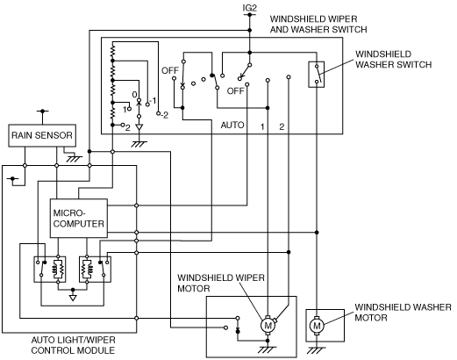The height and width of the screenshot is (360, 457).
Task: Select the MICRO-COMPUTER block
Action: [79, 219]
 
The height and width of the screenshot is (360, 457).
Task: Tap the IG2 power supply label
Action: [249, 8]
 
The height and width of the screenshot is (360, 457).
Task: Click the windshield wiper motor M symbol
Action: [268, 325]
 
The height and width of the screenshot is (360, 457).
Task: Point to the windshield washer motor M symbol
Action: [317, 326]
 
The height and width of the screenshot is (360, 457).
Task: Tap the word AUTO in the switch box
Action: [232, 126]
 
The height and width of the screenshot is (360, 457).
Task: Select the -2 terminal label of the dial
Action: [164, 115]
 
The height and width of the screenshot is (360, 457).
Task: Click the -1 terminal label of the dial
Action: [153, 102]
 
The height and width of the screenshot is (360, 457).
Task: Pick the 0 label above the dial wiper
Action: [134, 95]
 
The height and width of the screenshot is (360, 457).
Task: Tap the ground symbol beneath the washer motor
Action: [317, 350]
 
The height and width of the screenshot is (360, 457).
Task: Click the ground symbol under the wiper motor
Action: [268, 350]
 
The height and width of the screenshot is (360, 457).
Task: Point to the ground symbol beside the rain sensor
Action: [75, 159]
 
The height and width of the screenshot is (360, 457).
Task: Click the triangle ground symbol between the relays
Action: [73, 298]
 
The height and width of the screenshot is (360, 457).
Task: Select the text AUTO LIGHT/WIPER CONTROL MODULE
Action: [73, 345]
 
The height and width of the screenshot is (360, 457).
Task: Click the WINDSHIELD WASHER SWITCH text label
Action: [393, 60]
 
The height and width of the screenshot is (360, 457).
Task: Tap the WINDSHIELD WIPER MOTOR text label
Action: [221, 283]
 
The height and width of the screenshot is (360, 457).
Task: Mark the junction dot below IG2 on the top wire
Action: [249, 31]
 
